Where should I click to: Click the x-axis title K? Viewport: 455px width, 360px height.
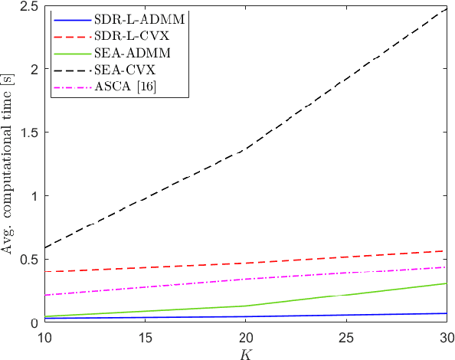click(x=244, y=353)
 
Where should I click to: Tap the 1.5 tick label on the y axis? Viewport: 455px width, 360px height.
click(x=23, y=132)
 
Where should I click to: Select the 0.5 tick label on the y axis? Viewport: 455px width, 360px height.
click(x=23, y=259)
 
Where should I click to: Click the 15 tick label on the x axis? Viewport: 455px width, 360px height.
click(x=141, y=338)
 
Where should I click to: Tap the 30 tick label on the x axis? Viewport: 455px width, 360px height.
click(x=446, y=338)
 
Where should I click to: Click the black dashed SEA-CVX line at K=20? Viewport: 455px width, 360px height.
click(x=244, y=150)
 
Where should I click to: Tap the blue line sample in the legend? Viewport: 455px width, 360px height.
click(x=69, y=18)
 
